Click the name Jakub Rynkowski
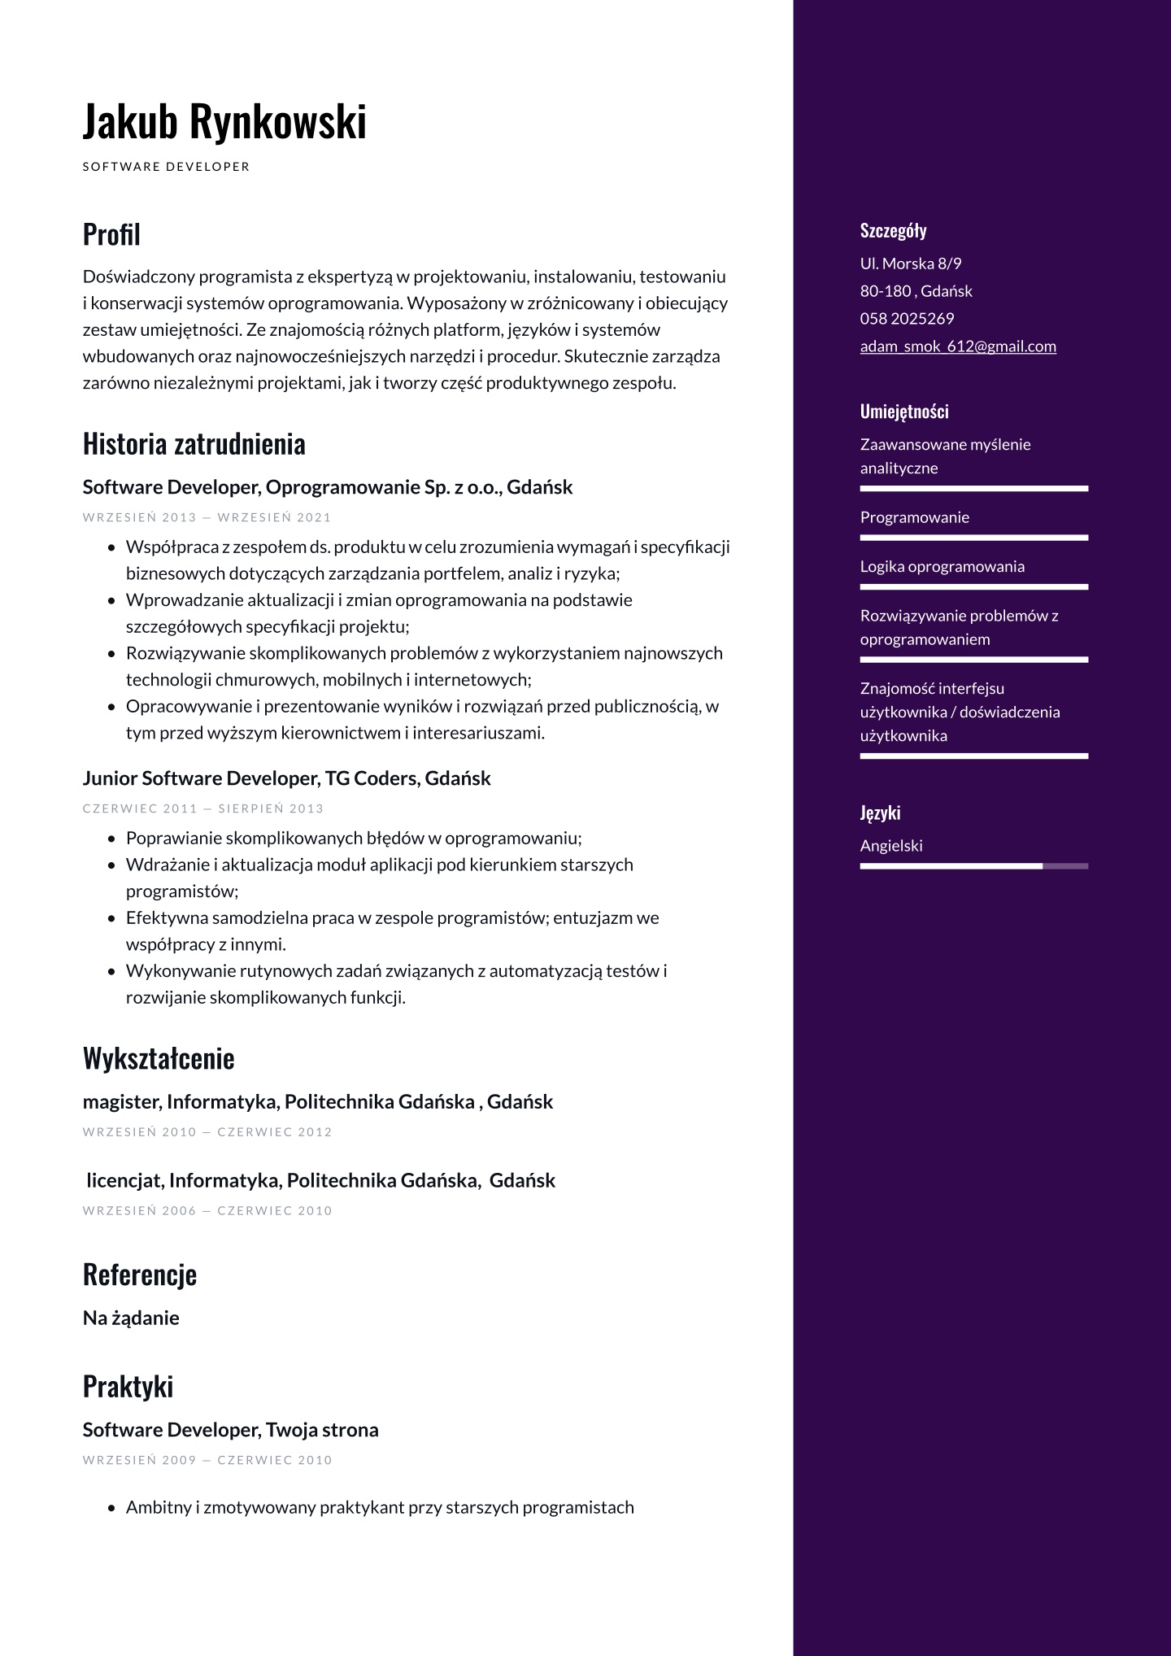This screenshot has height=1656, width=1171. point(224,121)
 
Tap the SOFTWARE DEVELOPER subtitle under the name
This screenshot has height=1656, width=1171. point(166,167)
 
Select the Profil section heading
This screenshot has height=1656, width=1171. point(111,234)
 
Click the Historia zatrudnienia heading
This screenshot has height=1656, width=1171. point(194,444)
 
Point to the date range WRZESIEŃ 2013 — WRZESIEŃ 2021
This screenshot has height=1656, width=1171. point(207,517)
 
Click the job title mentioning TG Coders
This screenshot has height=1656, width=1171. point(286,778)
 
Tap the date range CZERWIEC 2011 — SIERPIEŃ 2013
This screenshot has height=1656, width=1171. point(203,808)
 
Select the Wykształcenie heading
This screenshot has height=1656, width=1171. point(159,1058)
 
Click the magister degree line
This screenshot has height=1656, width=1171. point(317,1101)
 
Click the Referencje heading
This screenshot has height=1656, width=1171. point(140,1274)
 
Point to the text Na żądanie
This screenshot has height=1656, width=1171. point(131,1318)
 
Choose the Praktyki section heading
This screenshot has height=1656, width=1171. point(128,1386)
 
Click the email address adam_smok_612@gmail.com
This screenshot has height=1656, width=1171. point(958,346)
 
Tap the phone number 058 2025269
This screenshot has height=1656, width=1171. point(907,319)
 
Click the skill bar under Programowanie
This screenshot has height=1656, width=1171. point(973,538)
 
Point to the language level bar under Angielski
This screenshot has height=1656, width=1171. point(973,866)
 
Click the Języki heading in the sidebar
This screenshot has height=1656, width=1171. point(880,813)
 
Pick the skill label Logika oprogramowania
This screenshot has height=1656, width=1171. point(942,566)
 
